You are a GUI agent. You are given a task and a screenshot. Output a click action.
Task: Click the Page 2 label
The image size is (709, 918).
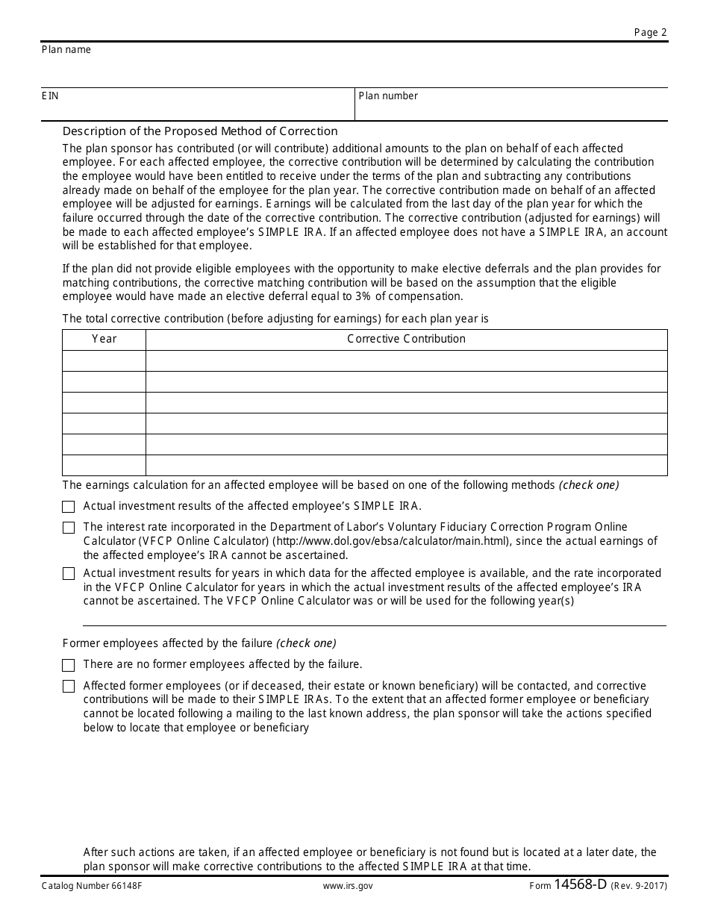click(650, 32)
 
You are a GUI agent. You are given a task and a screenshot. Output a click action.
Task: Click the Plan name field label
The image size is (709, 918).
click(66, 50)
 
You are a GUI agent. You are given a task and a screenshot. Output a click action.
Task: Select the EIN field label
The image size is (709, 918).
click(51, 96)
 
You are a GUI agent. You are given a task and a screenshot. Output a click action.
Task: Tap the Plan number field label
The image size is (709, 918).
click(388, 96)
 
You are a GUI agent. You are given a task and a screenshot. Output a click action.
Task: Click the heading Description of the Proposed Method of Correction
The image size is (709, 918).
click(200, 131)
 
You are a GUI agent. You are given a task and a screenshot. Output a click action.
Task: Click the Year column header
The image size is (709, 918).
click(104, 339)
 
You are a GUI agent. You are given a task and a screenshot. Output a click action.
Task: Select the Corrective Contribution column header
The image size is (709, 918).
click(406, 339)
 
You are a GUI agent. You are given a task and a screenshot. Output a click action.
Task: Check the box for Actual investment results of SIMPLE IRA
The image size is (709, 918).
click(69, 507)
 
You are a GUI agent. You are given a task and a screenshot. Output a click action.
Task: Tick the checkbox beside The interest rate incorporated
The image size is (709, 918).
click(69, 528)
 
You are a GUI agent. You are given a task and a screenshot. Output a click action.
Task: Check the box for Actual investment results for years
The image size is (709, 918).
click(69, 574)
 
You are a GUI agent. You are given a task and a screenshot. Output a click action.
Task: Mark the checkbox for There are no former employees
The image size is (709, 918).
click(69, 665)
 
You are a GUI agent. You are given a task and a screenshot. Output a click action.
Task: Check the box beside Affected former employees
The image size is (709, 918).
click(69, 687)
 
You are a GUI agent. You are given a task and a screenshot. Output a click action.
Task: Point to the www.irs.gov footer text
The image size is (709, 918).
click(348, 887)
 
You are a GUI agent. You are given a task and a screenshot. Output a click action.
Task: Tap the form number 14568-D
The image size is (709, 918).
click(580, 885)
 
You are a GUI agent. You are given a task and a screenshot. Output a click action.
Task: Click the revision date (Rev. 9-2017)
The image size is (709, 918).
click(639, 887)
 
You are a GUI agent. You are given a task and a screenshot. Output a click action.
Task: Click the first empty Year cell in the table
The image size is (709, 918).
click(104, 361)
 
